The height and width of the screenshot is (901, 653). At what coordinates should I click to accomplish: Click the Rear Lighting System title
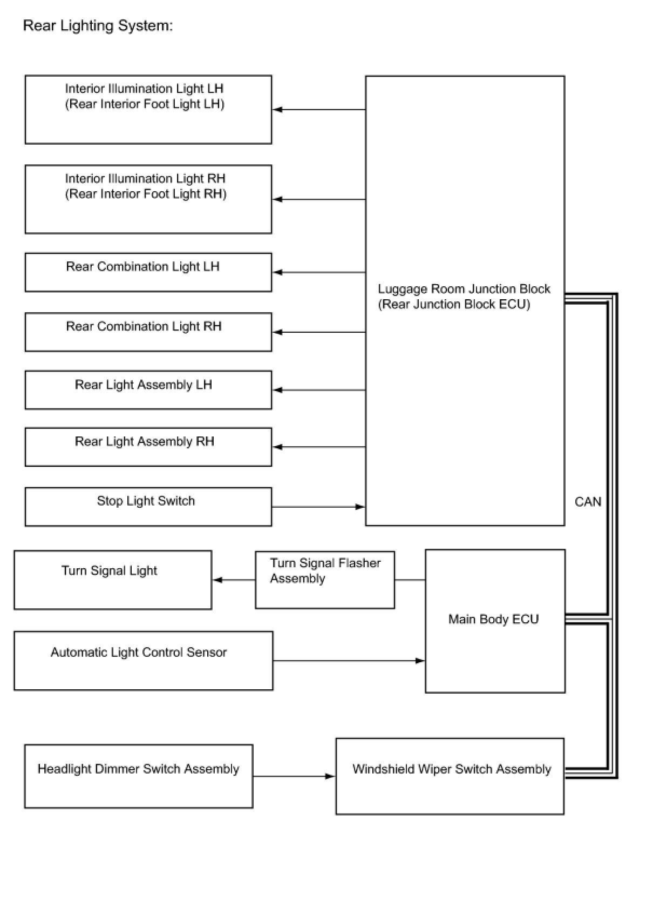[x=98, y=25]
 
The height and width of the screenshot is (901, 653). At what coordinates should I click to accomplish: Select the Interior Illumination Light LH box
[x=148, y=110]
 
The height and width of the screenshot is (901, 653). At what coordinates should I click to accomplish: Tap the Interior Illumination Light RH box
[x=148, y=199]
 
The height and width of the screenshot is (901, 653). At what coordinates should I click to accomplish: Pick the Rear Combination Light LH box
[x=148, y=272]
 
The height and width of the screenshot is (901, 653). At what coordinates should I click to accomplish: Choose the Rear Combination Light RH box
[x=148, y=332]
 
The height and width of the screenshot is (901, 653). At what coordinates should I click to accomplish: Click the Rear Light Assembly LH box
[x=148, y=390]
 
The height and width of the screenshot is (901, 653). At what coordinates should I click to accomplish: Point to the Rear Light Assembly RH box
[x=148, y=447]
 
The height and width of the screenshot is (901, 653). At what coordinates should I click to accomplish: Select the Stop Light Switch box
[x=148, y=507]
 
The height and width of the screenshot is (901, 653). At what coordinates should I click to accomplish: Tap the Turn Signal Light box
[x=113, y=580]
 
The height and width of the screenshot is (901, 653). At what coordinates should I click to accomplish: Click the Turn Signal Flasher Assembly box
[x=325, y=580]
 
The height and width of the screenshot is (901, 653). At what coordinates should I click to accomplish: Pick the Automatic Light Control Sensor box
[x=144, y=661]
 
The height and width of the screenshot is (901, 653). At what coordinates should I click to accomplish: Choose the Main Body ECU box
[x=495, y=621]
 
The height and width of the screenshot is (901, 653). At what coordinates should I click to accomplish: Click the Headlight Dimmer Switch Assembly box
[x=139, y=776]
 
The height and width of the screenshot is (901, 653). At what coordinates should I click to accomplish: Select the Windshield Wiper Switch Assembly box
[x=450, y=776]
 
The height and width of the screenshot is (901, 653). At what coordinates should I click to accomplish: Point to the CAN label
[x=588, y=502]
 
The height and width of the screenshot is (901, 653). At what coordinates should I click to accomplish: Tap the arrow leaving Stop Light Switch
[x=318, y=507]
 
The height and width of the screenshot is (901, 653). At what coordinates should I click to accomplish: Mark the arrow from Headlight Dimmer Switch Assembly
[x=294, y=776]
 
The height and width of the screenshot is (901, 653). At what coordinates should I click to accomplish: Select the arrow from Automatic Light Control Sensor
[x=349, y=661]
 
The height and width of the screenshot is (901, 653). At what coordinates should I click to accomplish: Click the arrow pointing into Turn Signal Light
[x=234, y=580]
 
